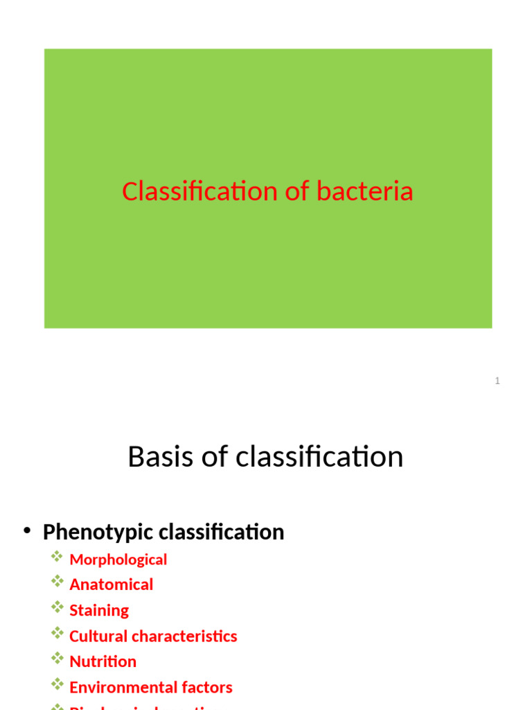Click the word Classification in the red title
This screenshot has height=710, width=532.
click(x=199, y=191)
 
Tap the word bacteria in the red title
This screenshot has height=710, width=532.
click(x=365, y=191)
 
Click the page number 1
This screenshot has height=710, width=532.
click(x=497, y=381)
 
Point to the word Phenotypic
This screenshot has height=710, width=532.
click(x=98, y=532)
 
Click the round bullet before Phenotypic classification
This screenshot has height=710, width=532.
click(x=27, y=531)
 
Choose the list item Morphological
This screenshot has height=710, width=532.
click(x=118, y=560)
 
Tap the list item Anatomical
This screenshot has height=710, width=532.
click(x=112, y=585)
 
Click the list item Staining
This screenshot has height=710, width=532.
click(x=99, y=611)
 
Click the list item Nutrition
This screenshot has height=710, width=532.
click(x=103, y=661)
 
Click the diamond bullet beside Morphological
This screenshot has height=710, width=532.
click(x=57, y=557)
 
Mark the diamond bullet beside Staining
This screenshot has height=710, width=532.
click(x=57, y=608)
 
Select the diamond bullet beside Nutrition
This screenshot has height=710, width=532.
click(x=57, y=659)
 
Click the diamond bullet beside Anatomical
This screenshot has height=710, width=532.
click(x=57, y=582)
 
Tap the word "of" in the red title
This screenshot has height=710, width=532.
click(x=296, y=191)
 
